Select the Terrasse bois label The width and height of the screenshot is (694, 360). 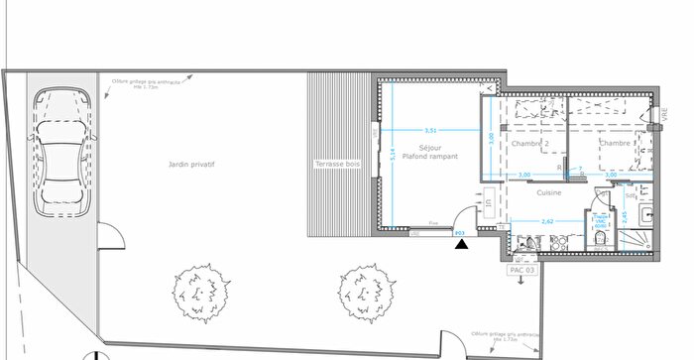[338, 163]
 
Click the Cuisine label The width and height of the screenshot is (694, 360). [550, 192]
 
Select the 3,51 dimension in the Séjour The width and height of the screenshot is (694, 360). [430, 130]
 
